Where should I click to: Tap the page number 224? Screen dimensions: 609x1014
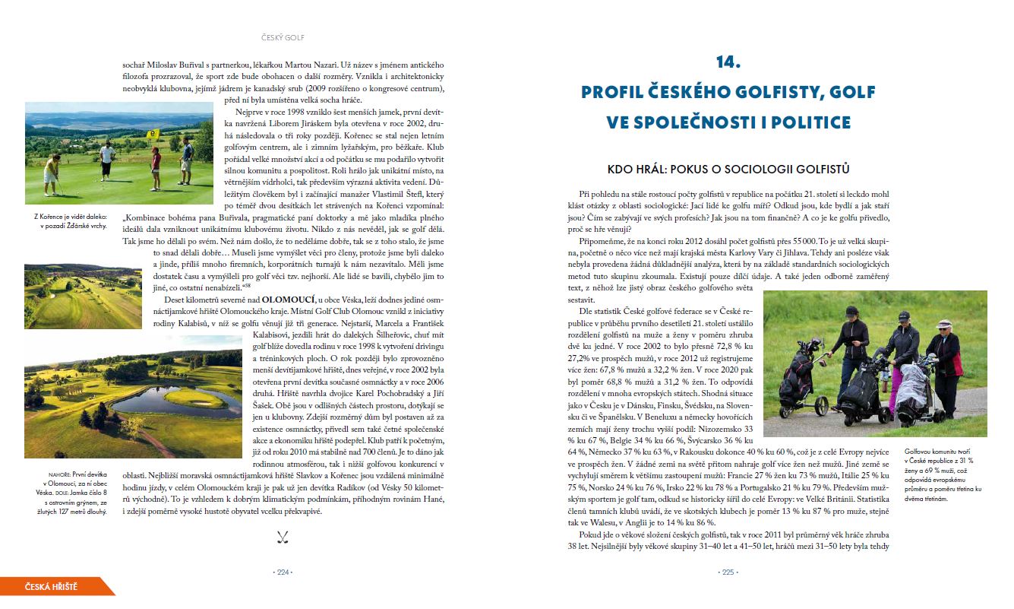[283, 573]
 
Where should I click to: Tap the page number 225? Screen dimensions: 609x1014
[728, 573]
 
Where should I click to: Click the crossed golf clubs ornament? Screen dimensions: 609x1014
[283, 538]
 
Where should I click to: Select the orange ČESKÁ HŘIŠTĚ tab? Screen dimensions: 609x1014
[53, 586]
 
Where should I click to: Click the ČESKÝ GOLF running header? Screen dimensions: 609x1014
[283, 37]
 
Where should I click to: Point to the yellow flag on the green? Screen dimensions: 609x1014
[154, 134]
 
